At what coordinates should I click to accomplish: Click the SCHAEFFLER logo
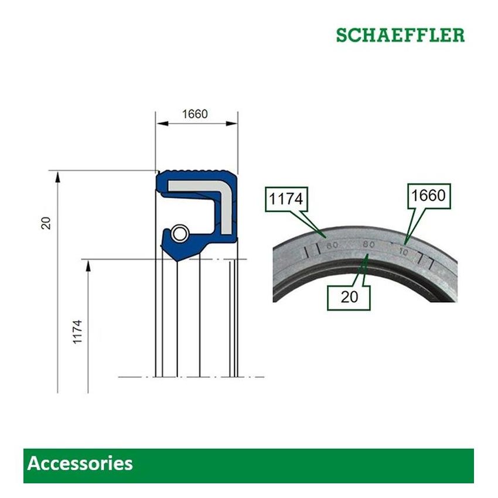click(x=400, y=35)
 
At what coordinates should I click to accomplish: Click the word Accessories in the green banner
click(x=80, y=464)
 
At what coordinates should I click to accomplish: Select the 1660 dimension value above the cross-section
click(x=195, y=114)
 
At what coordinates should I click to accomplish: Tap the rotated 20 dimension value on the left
click(x=47, y=223)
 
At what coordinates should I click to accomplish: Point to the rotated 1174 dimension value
click(x=78, y=331)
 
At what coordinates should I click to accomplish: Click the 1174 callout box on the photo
click(x=286, y=200)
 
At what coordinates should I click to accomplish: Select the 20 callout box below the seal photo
click(x=349, y=296)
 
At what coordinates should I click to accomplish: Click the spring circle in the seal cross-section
click(x=180, y=233)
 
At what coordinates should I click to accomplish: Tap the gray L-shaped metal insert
click(x=199, y=189)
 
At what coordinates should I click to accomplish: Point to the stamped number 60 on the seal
click(x=333, y=245)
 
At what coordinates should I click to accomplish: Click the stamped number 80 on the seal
click(x=368, y=244)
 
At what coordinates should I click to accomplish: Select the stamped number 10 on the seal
click(x=403, y=251)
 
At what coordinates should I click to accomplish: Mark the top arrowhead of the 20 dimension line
click(x=57, y=175)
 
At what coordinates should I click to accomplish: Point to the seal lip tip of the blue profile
click(x=175, y=255)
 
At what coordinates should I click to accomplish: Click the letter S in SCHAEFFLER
click(x=342, y=35)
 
